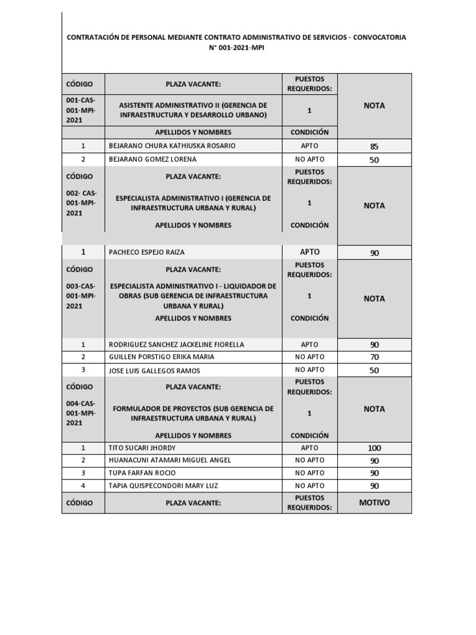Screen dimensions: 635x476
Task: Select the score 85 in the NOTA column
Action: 374,147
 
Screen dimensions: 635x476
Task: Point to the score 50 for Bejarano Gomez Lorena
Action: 374,160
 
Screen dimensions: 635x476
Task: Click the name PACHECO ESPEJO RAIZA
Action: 146,252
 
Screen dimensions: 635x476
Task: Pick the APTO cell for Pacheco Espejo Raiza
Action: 309,252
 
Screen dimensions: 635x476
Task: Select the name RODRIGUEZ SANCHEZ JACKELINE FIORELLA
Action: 176,344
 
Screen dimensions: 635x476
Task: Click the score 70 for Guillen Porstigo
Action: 374,357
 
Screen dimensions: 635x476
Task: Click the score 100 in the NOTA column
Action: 374,448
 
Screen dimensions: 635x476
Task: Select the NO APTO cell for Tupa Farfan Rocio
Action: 309,473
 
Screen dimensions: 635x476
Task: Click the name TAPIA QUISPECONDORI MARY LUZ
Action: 163,486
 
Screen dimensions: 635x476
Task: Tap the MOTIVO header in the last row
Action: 374,502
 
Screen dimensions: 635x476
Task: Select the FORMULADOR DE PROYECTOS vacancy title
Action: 193,414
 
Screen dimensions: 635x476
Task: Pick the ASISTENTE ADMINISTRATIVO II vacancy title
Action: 193,110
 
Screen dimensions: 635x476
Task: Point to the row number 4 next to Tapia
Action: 83,486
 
